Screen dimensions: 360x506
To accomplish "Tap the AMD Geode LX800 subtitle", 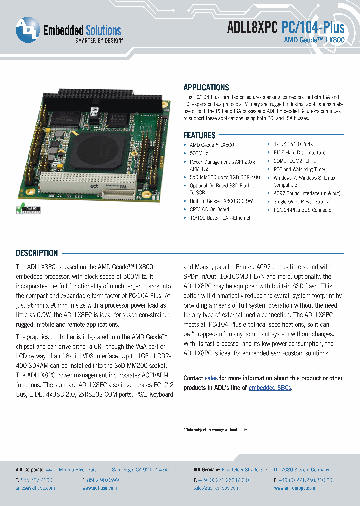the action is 314,39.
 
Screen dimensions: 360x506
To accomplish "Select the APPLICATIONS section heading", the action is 206,87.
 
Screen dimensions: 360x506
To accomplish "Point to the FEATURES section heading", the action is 199,135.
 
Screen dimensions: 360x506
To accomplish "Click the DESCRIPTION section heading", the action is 37,253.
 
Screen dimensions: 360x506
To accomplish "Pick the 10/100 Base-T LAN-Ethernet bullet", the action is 220,218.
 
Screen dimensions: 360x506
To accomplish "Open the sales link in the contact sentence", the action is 211,378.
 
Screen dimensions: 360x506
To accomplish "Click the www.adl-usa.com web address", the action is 100,488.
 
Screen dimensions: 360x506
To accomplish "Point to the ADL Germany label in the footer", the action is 206,470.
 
